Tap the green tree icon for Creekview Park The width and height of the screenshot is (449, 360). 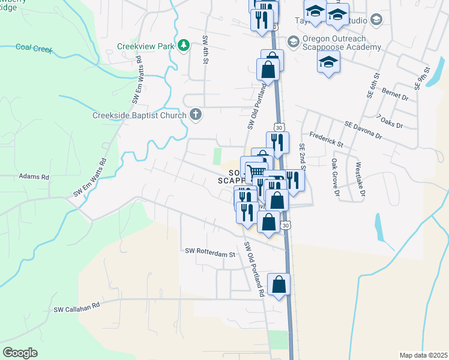185,45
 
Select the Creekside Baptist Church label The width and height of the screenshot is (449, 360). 140,115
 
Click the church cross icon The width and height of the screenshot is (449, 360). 196,114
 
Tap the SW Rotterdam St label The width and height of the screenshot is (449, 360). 210,253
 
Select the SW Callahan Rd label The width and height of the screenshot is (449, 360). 76,309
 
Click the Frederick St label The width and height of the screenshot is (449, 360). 326,141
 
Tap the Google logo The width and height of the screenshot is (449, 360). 20,353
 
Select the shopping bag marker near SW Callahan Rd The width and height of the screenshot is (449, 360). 279,285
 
